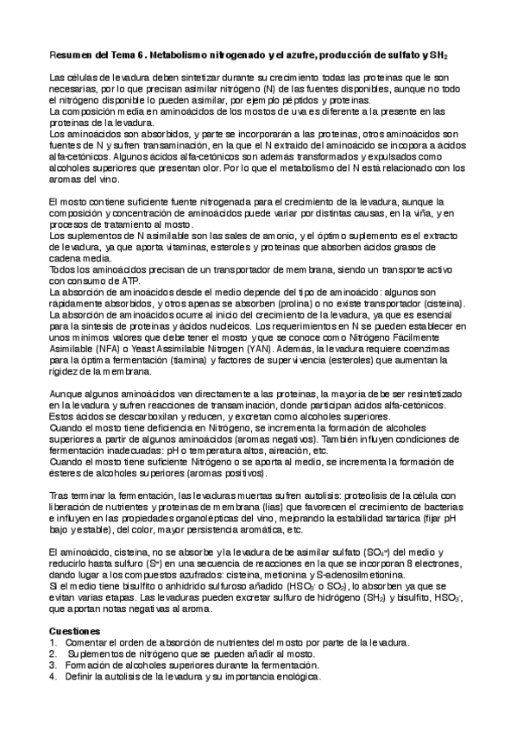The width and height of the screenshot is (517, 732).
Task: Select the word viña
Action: click(x=419, y=212)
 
